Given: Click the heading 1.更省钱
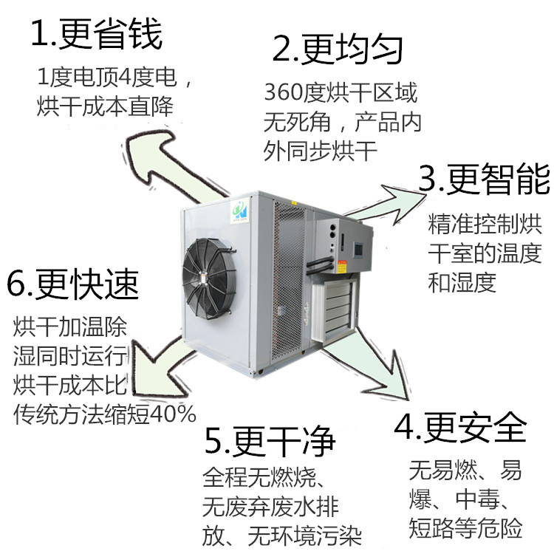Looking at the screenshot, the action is [x=97, y=34].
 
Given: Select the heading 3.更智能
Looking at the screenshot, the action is [x=484, y=179].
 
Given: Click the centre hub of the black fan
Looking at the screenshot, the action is [x=204, y=277].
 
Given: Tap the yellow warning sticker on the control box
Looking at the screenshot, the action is [x=342, y=266].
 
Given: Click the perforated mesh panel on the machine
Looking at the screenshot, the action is [x=289, y=279].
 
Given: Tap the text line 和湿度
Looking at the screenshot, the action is [x=462, y=283].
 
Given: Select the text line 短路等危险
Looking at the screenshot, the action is [x=465, y=528].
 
